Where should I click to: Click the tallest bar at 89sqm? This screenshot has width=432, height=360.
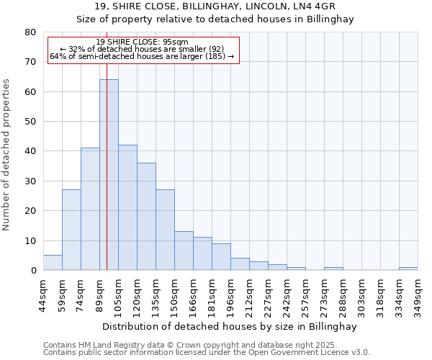pyautogui.click(x=109, y=175)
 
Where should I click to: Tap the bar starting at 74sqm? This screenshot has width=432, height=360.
pyautogui.click(x=90, y=209)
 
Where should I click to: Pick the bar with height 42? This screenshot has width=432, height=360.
pyautogui.click(x=127, y=207)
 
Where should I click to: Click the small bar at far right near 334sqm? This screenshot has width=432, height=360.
pyautogui.click(x=408, y=269)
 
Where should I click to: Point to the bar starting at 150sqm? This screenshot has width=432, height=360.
pyautogui.click(x=184, y=251)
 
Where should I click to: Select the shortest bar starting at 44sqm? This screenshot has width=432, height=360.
pyautogui.click(x=53, y=263)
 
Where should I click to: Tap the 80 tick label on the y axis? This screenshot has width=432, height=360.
pyautogui.click(x=30, y=32)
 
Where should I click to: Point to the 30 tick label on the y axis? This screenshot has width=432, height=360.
pyautogui.click(x=30, y=181)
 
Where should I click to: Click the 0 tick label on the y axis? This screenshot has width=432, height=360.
pyautogui.click(x=33, y=271)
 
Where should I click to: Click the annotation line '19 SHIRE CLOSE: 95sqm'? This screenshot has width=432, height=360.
pyautogui.click(x=143, y=42)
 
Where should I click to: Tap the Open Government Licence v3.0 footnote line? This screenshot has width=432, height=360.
pyautogui.click(x=207, y=353)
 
